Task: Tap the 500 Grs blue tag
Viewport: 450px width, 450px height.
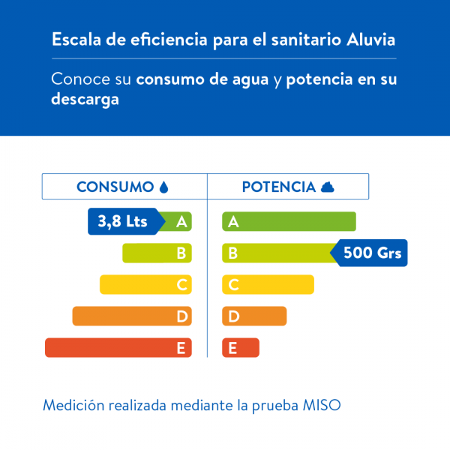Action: pyautogui.click(x=370, y=253)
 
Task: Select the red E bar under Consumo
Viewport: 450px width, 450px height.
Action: pyautogui.click(x=118, y=348)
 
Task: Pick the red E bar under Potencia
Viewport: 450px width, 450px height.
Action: pyautogui.click(x=241, y=348)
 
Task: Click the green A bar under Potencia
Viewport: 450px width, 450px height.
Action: pyautogui.click(x=289, y=221)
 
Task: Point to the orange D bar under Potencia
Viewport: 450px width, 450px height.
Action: pyautogui.click(x=254, y=316)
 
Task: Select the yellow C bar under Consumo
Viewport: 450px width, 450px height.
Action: pyautogui.click(x=145, y=285)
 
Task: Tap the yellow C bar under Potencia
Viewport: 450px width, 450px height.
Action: pyautogui.click(x=268, y=285)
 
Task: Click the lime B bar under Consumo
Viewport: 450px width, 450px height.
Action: pyautogui.click(x=157, y=253)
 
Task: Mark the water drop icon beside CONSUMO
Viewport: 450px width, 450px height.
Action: pyautogui.click(x=164, y=187)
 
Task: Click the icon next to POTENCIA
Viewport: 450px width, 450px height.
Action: pyautogui.click(x=327, y=187)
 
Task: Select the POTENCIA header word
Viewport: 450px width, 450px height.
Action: pyautogui.click(x=278, y=187)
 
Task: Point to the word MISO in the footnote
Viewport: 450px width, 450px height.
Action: pyautogui.click(x=322, y=406)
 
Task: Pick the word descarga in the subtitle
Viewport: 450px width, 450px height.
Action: pyautogui.click(x=85, y=100)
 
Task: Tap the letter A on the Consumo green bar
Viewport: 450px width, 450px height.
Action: pyautogui.click(x=181, y=221)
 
